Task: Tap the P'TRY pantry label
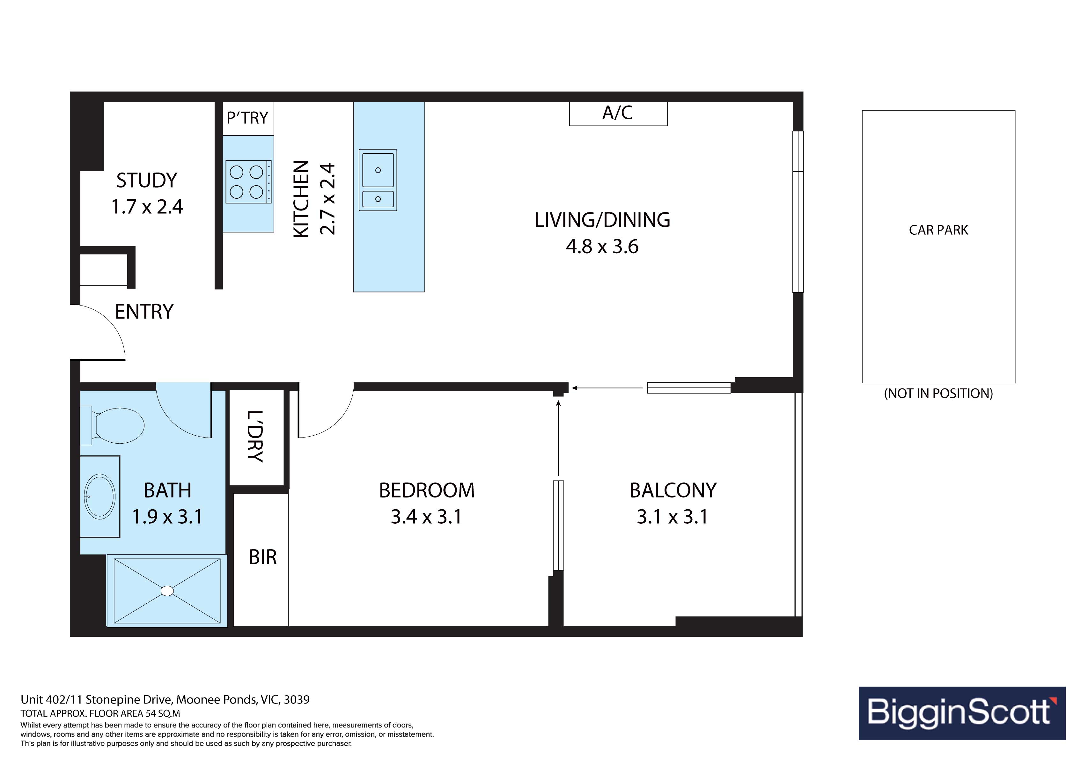click(x=247, y=117)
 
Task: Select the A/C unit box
click(x=618, y=114)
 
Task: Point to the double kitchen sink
click(x=378, y=180)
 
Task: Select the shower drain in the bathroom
click(x=167, y=591)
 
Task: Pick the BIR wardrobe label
click(x=262, y=557)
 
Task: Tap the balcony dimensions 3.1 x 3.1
click(x=672, y=517)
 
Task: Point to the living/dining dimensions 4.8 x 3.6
click(x=602, y=247)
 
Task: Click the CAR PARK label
click(x=938, y=230)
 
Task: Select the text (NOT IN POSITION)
click(x=938, y=394)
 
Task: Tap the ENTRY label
click(x=144, y=312)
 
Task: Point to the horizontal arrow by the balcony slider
click(x=607, y=388)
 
